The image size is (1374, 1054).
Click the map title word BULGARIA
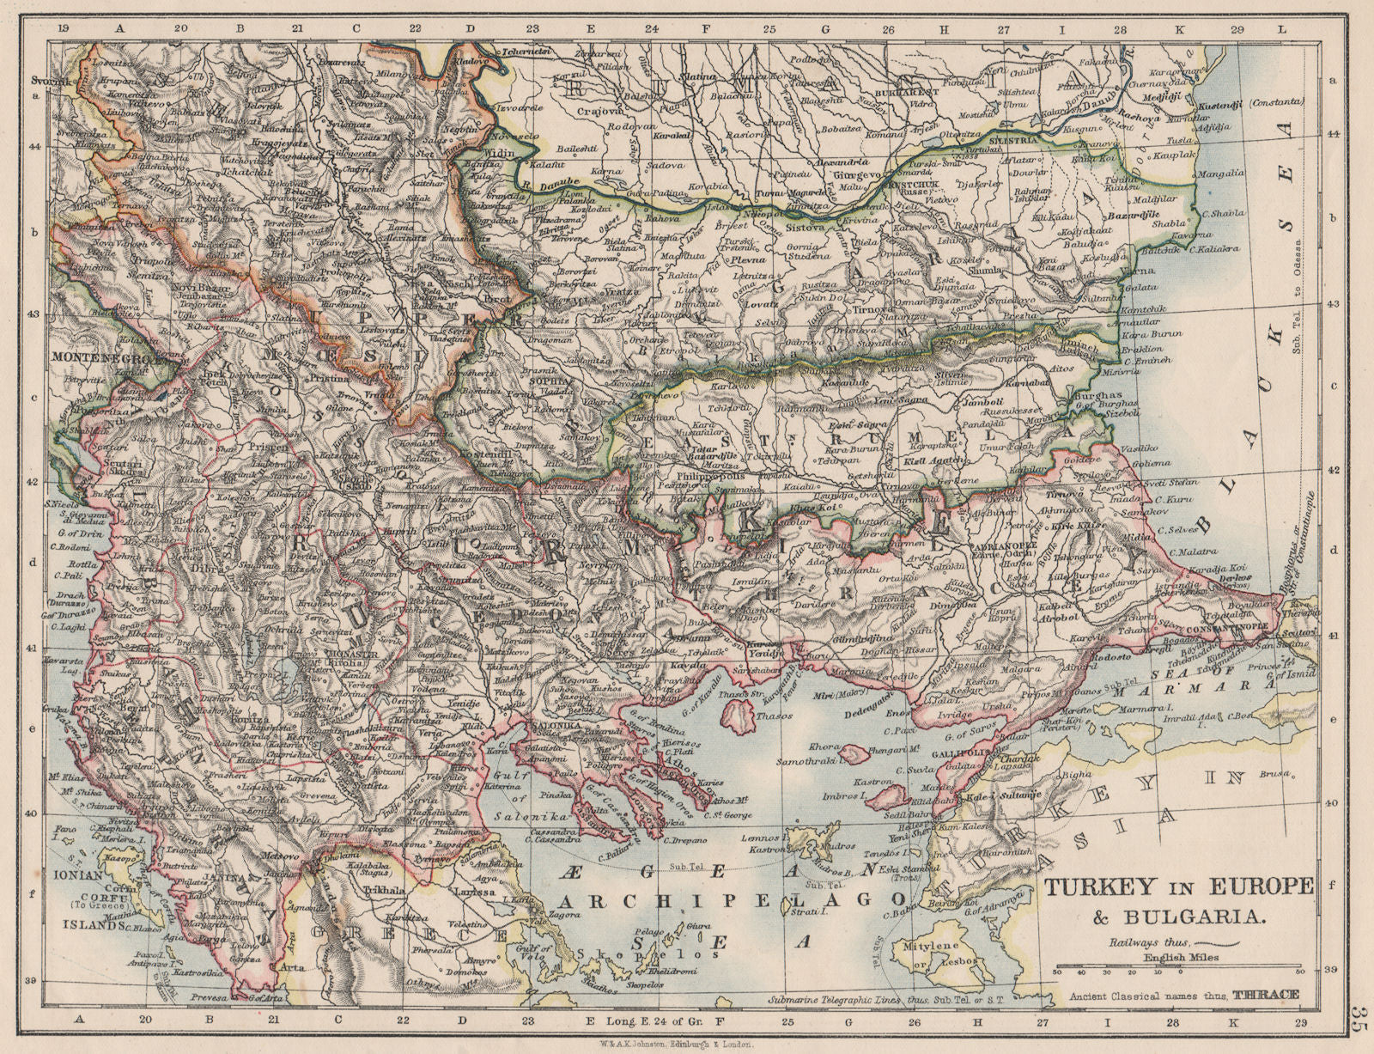point(1211,916)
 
